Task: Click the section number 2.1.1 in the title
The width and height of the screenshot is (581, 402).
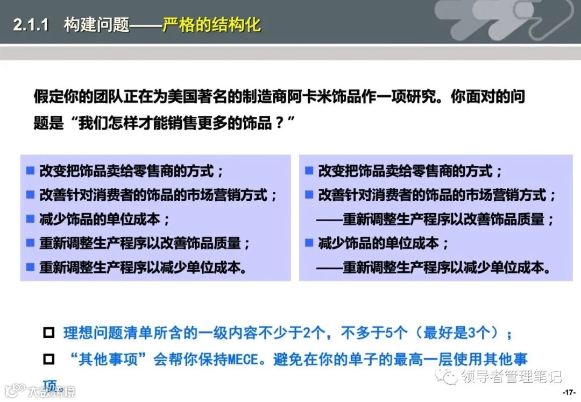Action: tap(32, 25)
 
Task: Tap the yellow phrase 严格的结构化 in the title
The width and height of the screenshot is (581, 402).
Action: tap(212, 25)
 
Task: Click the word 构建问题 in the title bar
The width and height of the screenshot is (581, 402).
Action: tap(96, 25)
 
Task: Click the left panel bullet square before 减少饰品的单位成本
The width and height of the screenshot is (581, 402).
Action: tap(30, 219)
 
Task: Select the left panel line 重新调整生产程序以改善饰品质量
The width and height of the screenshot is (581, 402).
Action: tap(145, 243)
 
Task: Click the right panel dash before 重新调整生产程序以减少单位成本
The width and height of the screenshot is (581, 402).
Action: tap(329, 267)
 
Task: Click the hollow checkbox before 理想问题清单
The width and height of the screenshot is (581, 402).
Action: tap(49, 333)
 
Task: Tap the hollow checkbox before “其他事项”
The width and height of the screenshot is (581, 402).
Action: tap(49, 359)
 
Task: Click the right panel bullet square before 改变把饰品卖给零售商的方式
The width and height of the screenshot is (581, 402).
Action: tap(309, 171)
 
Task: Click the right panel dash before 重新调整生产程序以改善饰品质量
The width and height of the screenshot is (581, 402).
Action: tap(329, 219)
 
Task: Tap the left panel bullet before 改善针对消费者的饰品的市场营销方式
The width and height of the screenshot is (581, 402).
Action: tap(30, 195)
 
